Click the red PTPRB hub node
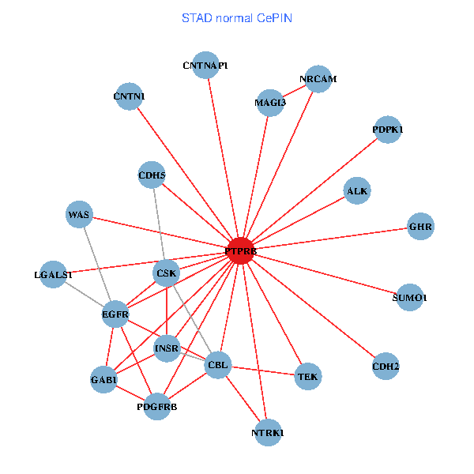240,251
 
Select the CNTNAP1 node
205,66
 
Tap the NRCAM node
318,79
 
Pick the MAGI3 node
270,102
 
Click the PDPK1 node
387,129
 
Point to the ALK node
357,190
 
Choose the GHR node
420,228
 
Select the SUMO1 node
409,297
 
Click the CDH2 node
385,366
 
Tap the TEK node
307,377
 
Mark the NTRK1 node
268,432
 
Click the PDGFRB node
157,406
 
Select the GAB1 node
104,379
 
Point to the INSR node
167,348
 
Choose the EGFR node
115,314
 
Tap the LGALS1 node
53,274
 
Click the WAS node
79,214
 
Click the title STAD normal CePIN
237,17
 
